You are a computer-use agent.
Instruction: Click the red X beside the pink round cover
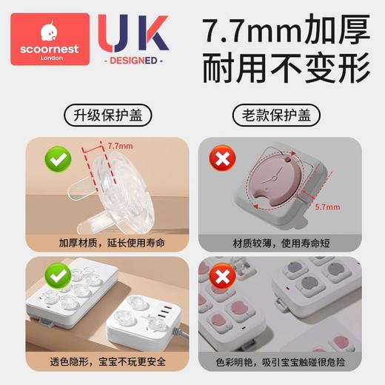[218, 158]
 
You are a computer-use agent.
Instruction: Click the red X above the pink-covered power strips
[218, 275]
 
